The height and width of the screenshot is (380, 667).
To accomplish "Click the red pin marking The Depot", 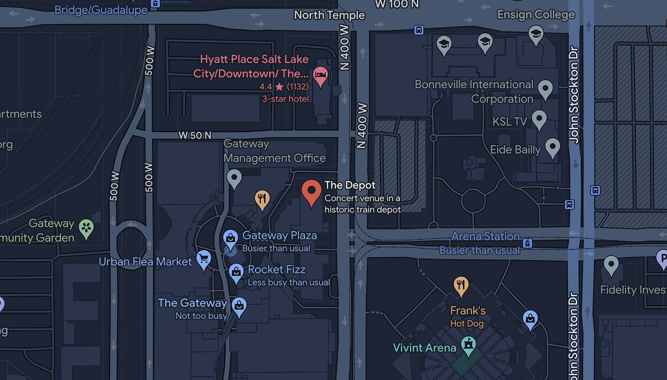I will [311, 191].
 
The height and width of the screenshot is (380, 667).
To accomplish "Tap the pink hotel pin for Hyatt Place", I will [320, 75].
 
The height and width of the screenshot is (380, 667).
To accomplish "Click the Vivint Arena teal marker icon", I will [468, 344].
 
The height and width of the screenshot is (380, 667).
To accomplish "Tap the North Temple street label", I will [329, 15].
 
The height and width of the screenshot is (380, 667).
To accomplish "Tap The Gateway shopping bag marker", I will [239, 305].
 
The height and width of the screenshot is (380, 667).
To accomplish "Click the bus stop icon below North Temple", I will [419, 30].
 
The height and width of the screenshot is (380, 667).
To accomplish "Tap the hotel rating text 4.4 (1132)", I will [284, 86].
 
